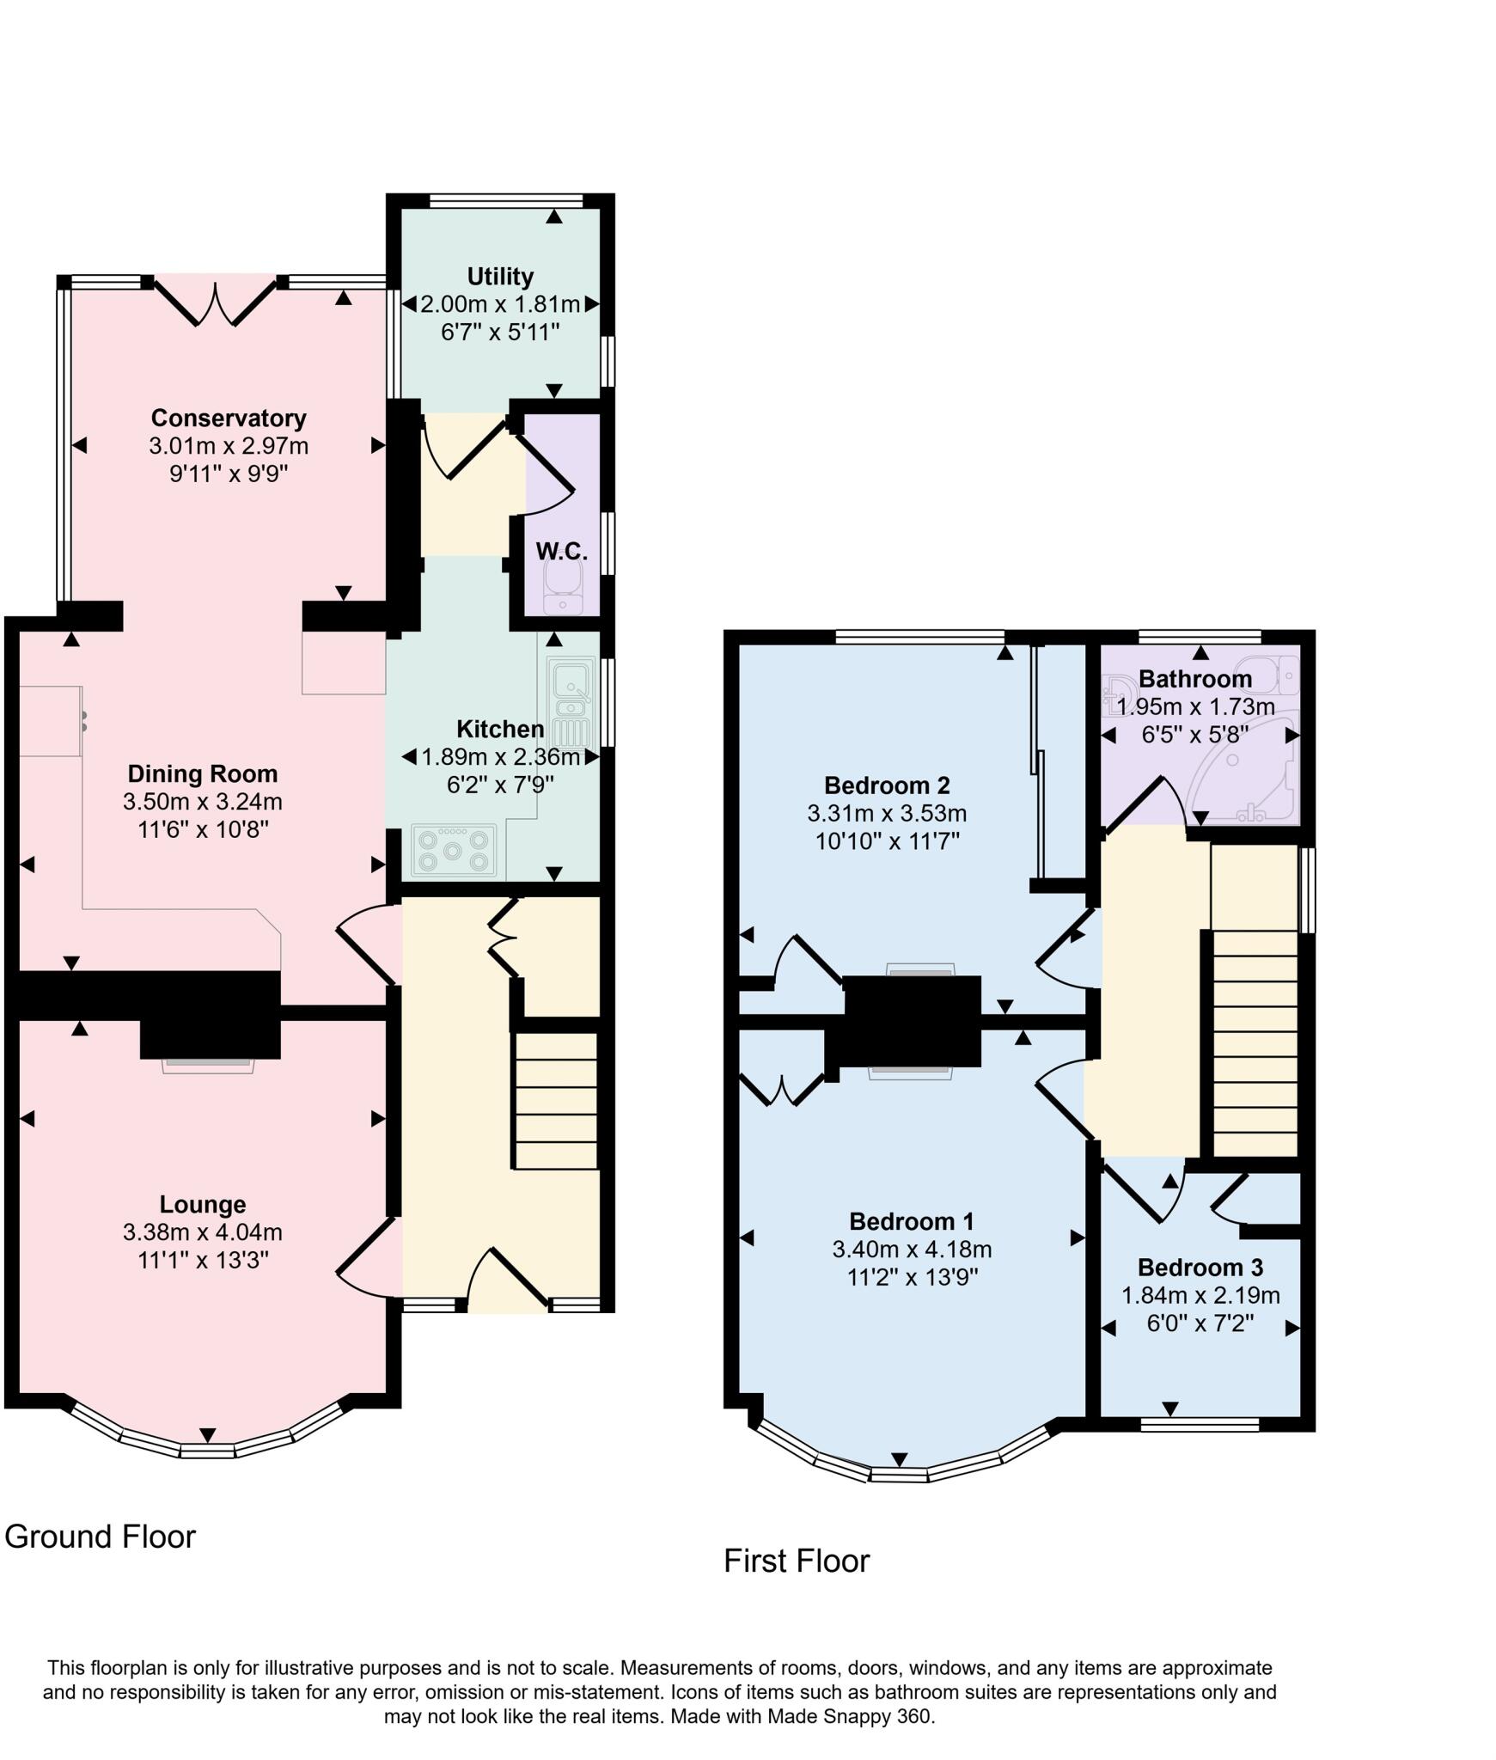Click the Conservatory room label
pyautogui.click(x=229, y=419)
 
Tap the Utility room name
pyautogui.click(x=500, y=277)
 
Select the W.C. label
pyautogui.click(x=562, y=552)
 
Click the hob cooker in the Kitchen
pyautogui.click(x=455, y=850)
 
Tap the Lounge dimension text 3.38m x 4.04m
pyautogui.click(x=203, y=1232)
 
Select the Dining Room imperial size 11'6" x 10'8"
pyautogui.click(x=203, y=830)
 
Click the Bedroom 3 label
pyautogui.click(x=1200, y=1268)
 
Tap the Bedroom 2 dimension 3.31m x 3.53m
pyautogui.click(x=887, y=813)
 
